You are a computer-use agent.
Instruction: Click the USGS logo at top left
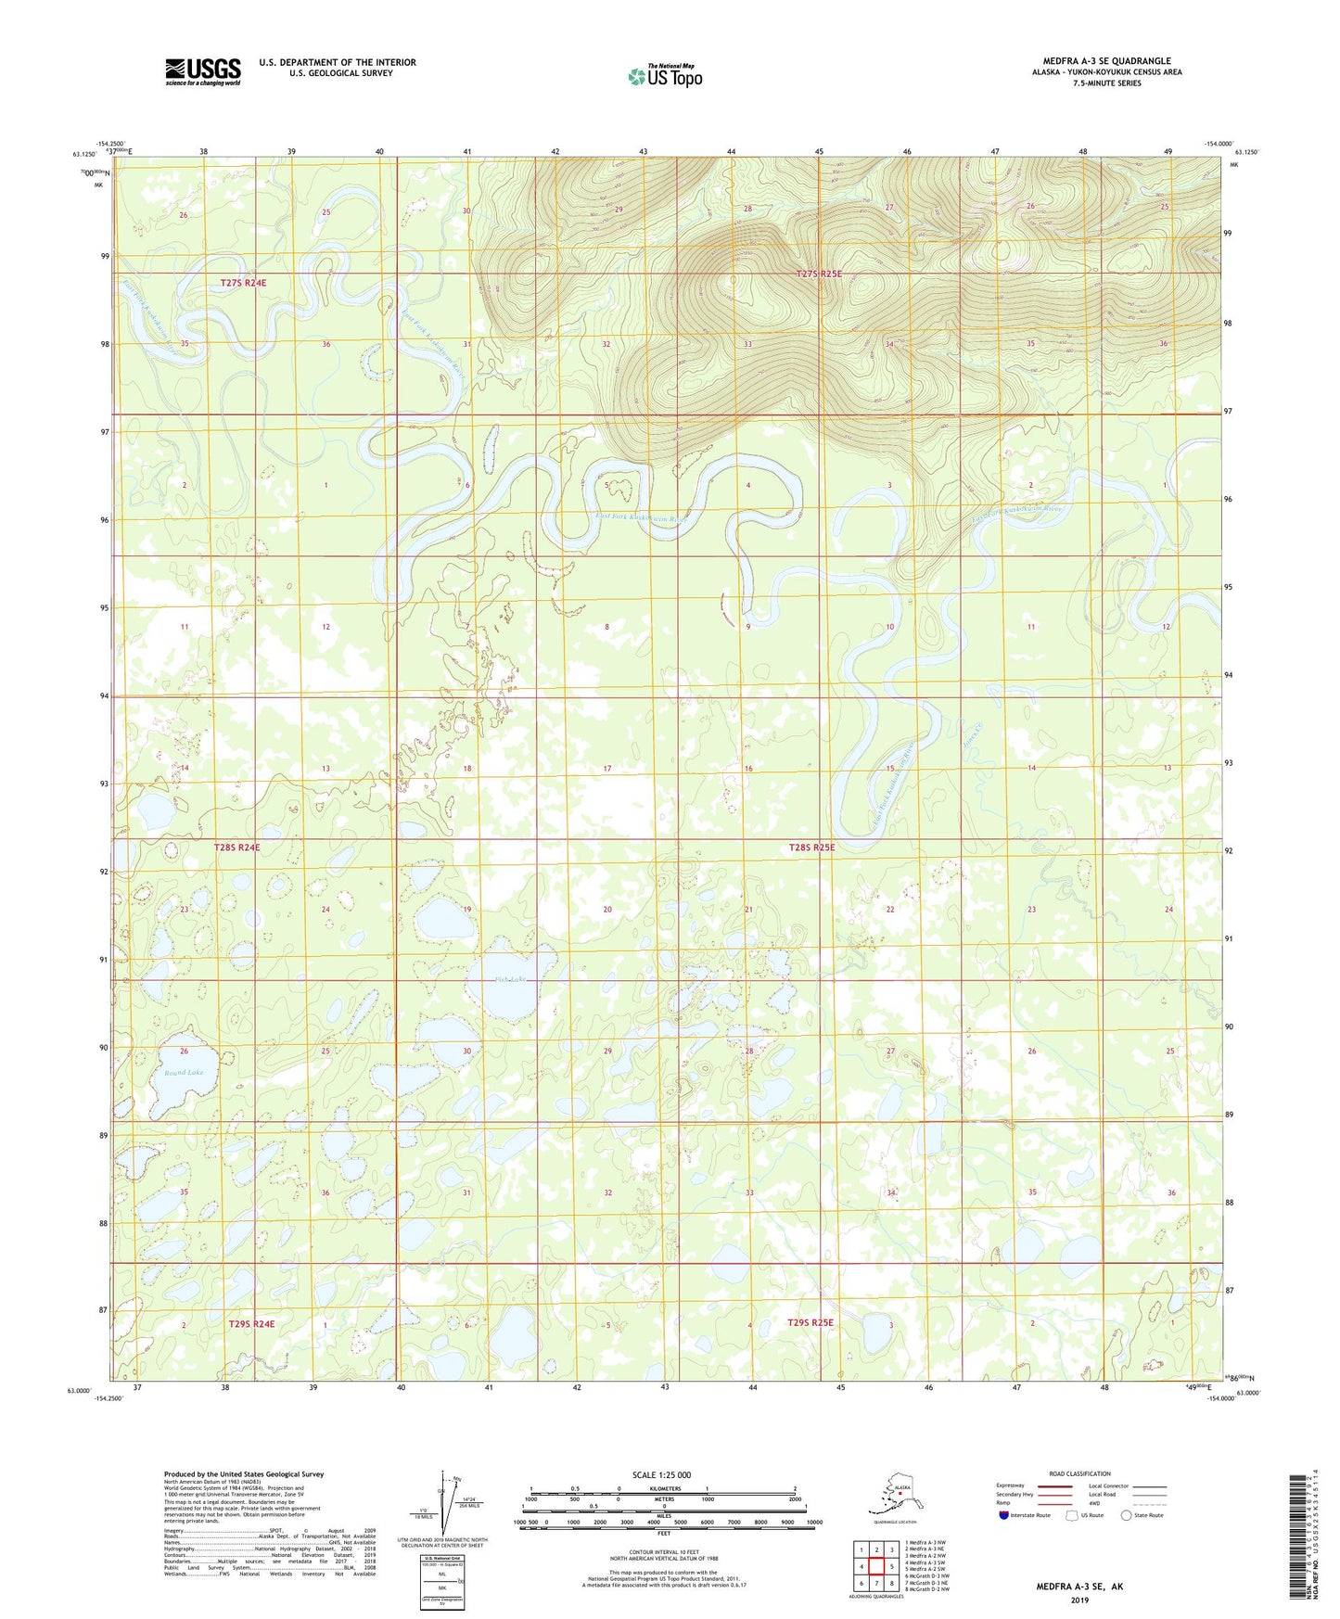(203, 71)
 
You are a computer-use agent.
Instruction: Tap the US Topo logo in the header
(665, 75)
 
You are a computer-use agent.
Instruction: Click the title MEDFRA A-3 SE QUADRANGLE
(1106, 61)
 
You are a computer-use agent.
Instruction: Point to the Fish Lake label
(510, 979)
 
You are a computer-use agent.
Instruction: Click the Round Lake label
(184, 1072)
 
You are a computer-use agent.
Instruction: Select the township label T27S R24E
(244, 283)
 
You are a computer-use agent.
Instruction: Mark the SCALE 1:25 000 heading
(661, 1474)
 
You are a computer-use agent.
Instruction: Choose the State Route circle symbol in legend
(1126, 1514)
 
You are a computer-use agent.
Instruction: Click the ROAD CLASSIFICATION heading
(1079, 1473)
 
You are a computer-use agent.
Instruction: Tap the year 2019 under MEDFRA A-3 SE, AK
(1078, 1600)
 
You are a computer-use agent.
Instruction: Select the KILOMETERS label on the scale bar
(661, 1488)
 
